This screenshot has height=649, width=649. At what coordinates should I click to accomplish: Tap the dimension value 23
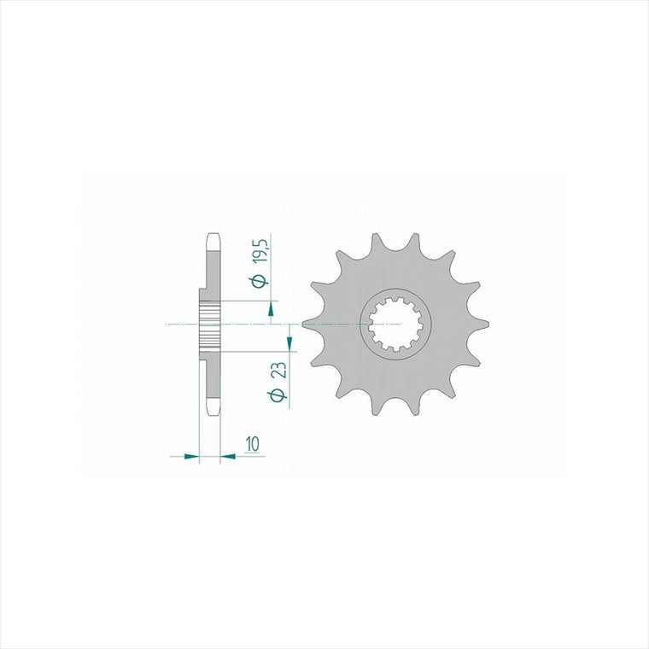click(278, 371)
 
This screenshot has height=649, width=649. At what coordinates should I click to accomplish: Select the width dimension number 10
click(252, 444)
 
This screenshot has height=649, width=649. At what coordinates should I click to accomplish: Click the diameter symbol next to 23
click(278, 395)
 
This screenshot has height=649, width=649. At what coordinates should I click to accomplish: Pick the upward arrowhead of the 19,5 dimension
click(271, 309)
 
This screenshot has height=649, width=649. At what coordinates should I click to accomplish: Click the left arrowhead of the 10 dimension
click(190, 456)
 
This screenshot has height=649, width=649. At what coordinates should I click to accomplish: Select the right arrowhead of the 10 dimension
click(228, 456)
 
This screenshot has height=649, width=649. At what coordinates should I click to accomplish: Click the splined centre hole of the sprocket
click(395, 324)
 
